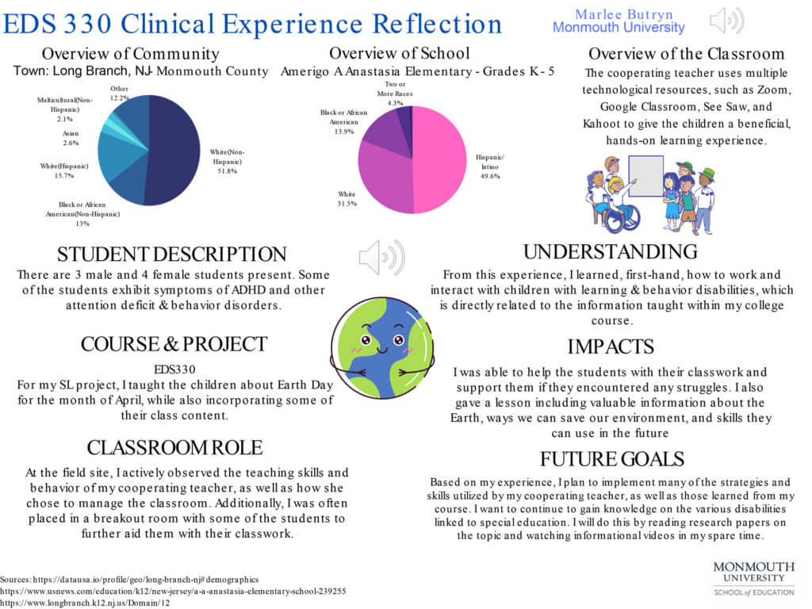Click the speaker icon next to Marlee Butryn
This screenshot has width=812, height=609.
[x=726, y=20]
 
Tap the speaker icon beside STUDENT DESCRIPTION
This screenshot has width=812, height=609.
[x=381, y=257]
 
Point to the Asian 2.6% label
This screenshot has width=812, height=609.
[x=71, y=138]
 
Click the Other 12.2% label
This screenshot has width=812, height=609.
[x=120, y=93]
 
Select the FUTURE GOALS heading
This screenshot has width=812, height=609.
[x=611, y=459]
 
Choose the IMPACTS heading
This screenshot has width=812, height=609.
[x=611, y=347]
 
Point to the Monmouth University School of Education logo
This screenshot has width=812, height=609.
[x=753, y=578]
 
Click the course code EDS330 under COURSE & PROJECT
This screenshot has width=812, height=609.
[x=174, y=369]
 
